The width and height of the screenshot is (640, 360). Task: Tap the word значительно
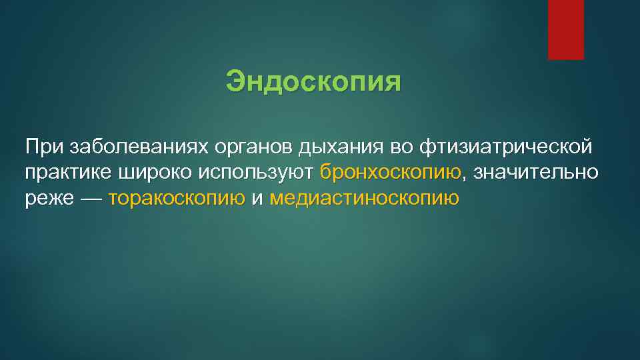point(536,172)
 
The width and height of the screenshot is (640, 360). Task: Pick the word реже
point(49,199)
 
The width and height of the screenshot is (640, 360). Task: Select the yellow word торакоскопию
point(177,199)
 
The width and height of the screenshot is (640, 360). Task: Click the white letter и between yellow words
point(257,199)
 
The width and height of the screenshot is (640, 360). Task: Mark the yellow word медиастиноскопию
point(365,199)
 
